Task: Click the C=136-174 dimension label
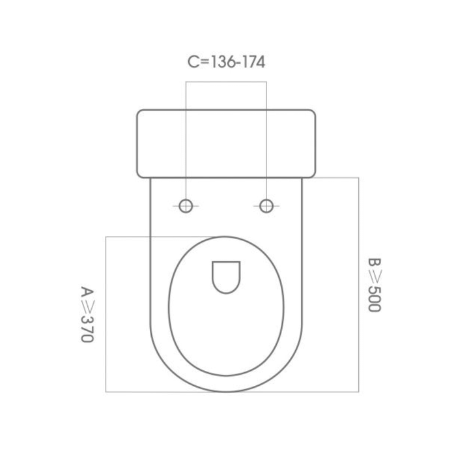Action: pos(226,63)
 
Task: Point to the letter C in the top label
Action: pos(192,63)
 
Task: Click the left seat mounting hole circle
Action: pos(186,206)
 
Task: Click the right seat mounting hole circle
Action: pos(266,206)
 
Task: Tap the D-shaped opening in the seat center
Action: pos(226,275)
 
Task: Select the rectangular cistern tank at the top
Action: pos(226,143)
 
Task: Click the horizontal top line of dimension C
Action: pos(226,81)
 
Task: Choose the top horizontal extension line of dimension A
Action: pos(130,237)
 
